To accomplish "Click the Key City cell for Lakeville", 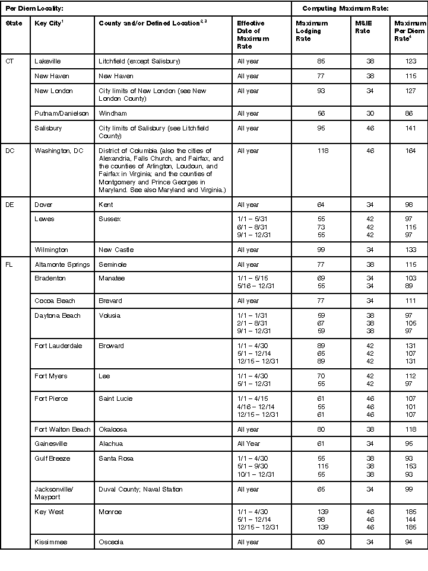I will click(x=48, y=61).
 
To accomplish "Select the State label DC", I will click(x=10, y=151).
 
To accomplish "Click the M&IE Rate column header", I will click(x=363, y=27).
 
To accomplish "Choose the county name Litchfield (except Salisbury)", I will click(x=140, y=61).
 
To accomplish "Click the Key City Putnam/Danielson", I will click(x=59, y=113).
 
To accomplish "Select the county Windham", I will click(x=113, y=113).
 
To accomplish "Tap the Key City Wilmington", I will click(x=52, y=250).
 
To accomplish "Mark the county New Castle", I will click(x=116, y=250).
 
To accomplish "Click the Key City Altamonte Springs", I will click(x=62, y=264).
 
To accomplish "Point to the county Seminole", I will click(x=113, y=264).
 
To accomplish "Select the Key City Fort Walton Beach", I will click(x=62, y=429).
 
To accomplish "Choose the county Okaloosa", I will click(x=113, y=429).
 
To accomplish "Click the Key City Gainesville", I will click(x=51, y=444).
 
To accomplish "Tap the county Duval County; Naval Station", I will click(x=141, y=489).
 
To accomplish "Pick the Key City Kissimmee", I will click(x=50, y=542).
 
